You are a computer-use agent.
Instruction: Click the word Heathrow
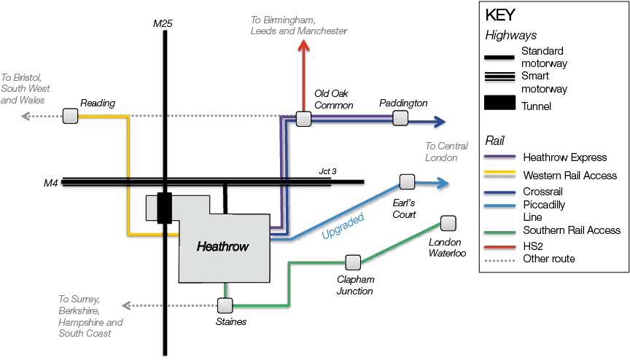pos(222,246)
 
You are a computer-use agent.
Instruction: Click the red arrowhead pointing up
pos(303,46)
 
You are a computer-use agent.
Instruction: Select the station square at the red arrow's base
pos(303,119)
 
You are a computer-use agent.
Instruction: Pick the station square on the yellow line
pos(71,116)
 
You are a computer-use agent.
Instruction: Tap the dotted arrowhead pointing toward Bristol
pos(25,116)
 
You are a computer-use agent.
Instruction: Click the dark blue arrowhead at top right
pos(438,121)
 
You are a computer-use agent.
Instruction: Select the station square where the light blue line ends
pos(407,182)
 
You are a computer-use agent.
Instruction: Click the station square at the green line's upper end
pos(448,223)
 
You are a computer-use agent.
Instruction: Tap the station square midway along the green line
pos(353,262)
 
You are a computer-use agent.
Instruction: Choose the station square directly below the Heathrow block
pos(225,306)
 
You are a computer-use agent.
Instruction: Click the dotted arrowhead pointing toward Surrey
pos(125,306)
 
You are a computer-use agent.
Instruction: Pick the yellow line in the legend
pos(499,171)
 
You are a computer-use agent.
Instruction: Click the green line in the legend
pos(499,232)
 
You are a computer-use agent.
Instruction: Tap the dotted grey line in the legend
pos(499,260)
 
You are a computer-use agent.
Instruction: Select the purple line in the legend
pos(499,156)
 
